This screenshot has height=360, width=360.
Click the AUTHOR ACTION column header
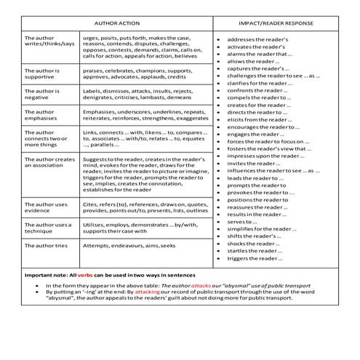tap(117, 23)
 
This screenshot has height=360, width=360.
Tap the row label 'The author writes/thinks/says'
tap(49, 41)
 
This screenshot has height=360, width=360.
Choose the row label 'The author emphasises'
tap(45, 116)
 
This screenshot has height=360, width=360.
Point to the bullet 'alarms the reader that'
tap(260, 53)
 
